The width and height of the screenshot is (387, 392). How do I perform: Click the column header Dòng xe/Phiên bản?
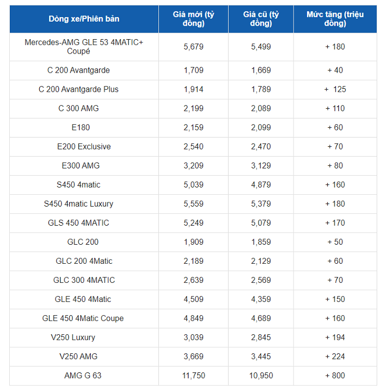(84, 19)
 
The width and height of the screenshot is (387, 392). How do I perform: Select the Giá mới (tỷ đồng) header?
(193, 19)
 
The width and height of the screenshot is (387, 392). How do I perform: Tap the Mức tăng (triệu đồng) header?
(335, 19)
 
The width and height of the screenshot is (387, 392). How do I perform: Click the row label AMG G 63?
(83, 376)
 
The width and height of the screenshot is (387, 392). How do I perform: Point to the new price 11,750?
(193, 376)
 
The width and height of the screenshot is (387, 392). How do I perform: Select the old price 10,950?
(261, 376)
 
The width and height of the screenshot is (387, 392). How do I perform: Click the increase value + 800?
(335, 376)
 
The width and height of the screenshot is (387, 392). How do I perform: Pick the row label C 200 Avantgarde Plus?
(78, 89)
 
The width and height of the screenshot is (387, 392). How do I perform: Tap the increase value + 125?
(335, 89)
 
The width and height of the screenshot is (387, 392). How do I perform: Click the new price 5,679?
(193, 46)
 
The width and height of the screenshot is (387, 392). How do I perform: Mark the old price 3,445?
(261, 356)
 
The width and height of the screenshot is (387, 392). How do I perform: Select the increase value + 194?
(335, 337)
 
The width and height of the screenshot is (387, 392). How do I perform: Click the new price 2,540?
(193, 146)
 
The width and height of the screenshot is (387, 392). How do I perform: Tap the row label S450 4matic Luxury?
(78, 204)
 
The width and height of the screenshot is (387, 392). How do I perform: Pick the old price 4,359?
(261, 299)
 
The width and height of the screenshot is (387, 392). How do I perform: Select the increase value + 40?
(335, 70)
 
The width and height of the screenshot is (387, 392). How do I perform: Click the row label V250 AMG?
(78, 356)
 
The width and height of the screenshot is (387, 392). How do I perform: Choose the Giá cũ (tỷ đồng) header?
(261, 19)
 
